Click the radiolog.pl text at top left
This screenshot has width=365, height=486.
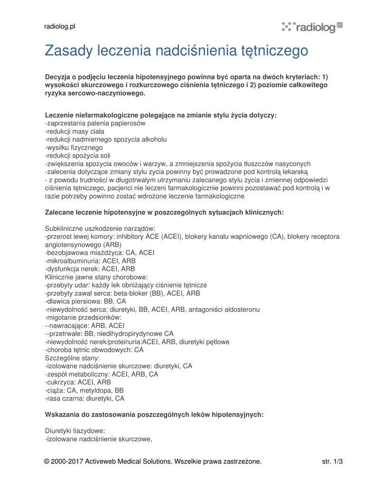coord(60,27)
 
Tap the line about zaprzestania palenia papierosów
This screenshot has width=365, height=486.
coord(95,123)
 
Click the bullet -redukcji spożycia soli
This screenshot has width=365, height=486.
coord(77,156)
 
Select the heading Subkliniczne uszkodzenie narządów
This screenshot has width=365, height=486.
coord(100,228)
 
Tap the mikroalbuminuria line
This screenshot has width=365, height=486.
coord(90,261)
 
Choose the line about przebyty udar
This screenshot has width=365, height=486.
coord(126,285)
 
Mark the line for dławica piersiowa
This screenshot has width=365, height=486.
coord(85,301)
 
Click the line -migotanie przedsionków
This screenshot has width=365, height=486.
coord(83,317)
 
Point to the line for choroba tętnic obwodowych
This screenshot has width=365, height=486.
coord(94,350)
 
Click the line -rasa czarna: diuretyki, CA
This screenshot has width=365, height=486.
coord(84,398)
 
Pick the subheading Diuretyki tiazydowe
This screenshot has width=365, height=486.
coord(75,430)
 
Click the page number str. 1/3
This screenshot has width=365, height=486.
coord(332,461)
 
